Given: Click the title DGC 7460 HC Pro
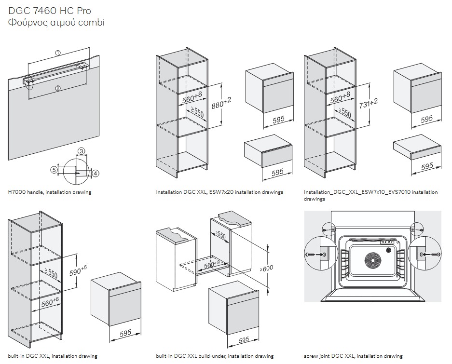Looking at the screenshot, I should point(50,11).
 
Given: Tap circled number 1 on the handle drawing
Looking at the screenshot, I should point(58,53).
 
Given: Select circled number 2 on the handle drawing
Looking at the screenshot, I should point(58,88).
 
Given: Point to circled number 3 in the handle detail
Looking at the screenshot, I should point(82,151).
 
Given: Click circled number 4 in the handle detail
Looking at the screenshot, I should point(95,173).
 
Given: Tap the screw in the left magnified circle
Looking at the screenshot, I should point(313,254).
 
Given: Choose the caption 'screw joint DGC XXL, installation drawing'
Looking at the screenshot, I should point(353,356).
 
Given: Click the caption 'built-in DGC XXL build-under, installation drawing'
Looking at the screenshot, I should point(215,356).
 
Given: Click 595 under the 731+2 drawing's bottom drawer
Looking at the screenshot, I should point(426,166).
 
